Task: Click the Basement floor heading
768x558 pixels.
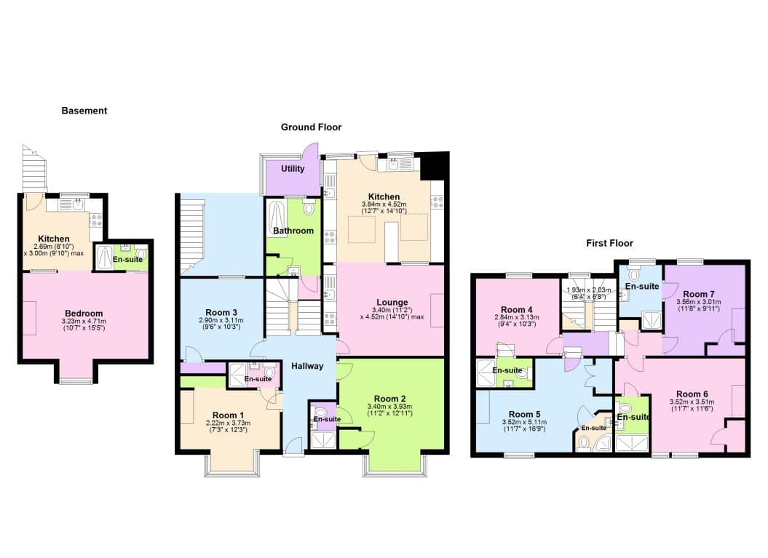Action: pyautogui.click(x=84, y=111)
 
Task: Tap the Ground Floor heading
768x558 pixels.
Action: pyautogui.click(x=311, y=127)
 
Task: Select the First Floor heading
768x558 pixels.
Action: pyautogui.click(x=609, y=243)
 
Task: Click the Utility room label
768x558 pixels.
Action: pyautogui.click(x=293, y=169)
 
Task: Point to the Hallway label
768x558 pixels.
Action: pyautogui.click(x=307, y=366)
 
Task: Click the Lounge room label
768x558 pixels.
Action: pyautogui.click(x=392, y=303)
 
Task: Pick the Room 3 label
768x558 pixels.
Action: pyautogui.click(x=221, y=312)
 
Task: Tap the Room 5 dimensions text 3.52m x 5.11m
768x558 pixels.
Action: pyautogui.click(x=524, y=422)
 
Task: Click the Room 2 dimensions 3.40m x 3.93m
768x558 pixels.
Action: pyautogui.click(x=389, y=406)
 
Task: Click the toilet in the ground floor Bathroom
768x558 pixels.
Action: pyautogui.click(x=309, y=207)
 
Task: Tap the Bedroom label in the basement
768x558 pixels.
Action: pyautogui.click(x=84, y=314)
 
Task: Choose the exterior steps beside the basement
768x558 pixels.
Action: pyautogui.click(x=35, y=168)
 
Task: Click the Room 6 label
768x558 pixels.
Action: pyautogui.click(x=692, y=394)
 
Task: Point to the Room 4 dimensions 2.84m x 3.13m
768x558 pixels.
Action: pyautogui.click(x=517, y=317)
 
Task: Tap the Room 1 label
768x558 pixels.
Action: pyautogui.click(x=228, y=415)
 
